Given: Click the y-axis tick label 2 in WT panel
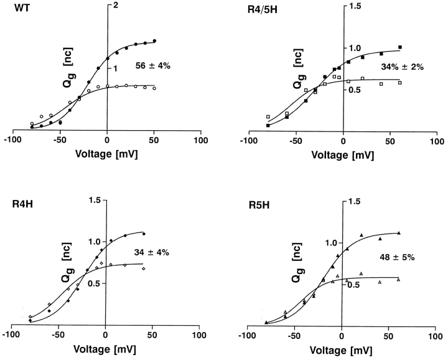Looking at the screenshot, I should (x=115, y=5).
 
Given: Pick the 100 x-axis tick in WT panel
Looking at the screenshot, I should (x=200, y=140).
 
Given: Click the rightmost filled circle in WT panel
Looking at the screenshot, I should (x=154, y=41).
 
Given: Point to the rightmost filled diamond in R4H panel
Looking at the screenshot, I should (x=144, y=234).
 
